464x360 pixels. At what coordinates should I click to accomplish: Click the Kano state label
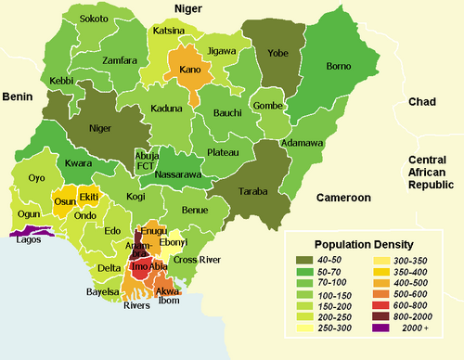pyautogui.click(x=190, y=70)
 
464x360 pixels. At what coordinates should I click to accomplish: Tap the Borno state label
pyautogui.click(x=337, y=67)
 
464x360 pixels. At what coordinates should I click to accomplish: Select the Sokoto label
pyautogui.click(x=93, y=19)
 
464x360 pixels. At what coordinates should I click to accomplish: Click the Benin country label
pyautogui.click(x=18, y=96)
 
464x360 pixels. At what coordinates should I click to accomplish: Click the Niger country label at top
pyautogui.click(x=189, y=8)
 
